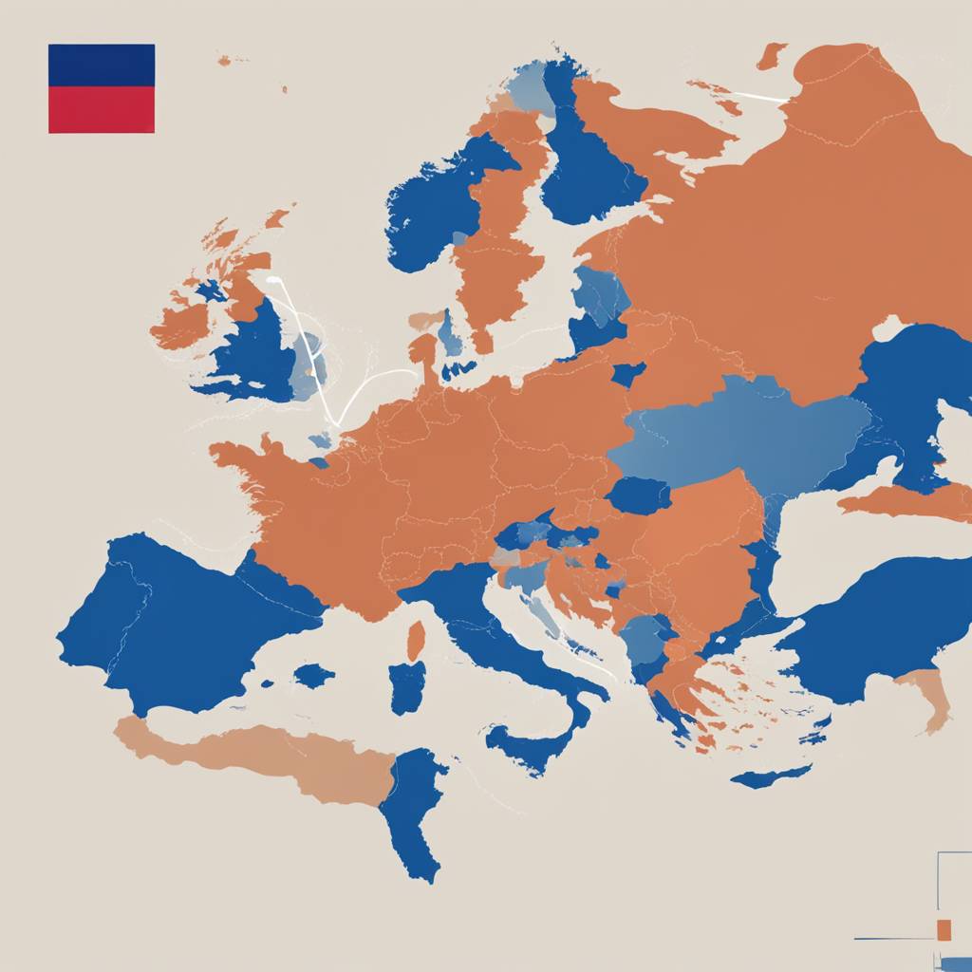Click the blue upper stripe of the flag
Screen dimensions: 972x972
(x=101, y=65)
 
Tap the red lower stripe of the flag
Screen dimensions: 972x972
(x=101, y=109)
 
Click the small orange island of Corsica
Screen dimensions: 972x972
(x=416, y=641)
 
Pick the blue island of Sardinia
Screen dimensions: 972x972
(x=407, y=687)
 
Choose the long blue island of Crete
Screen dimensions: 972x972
(x=769, y=776)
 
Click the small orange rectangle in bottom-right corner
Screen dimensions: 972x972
(x=944, y=929)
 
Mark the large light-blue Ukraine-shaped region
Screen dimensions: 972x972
(x=740, y=432)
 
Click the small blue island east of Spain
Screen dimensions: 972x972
(x=313, y=676)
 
